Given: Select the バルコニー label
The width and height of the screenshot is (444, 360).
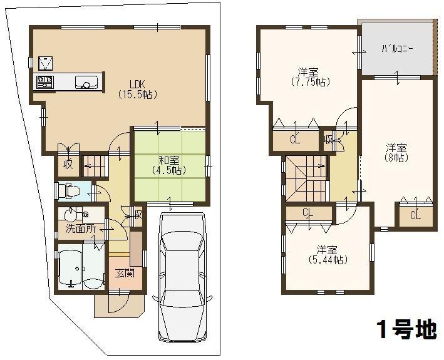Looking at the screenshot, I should point(398,48).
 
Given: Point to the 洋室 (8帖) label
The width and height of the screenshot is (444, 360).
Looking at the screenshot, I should point(396,153).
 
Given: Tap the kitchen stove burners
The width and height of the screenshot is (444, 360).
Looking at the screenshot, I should point(44,81).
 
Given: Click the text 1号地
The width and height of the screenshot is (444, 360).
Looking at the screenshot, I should point(406,328).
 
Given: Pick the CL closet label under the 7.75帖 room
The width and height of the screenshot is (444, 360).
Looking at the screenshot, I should point(294,140).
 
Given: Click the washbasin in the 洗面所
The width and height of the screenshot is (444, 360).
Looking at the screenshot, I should point(73,214).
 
